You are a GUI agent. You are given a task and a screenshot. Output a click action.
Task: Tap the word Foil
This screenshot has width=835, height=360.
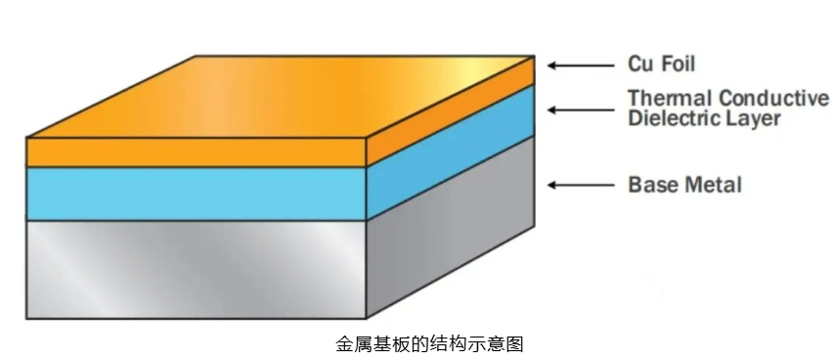(x=679, y=64)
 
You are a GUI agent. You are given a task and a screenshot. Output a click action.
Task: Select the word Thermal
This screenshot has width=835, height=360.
(x=670, y=99)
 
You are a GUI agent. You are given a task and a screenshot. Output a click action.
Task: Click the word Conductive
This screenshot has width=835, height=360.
(x=773, y=99)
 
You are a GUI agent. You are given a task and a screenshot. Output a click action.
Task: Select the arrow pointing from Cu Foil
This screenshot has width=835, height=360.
(x=581, y=66)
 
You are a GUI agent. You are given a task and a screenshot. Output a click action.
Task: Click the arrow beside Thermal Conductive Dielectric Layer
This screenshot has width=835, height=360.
(x=581, y=111)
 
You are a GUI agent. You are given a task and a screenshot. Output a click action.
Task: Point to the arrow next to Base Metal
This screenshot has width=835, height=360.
(x=581, y=185)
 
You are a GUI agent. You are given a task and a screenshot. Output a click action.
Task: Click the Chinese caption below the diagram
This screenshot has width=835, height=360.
(x=429, y=344)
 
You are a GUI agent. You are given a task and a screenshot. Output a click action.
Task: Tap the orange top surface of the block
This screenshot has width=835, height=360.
(x=281, y=97)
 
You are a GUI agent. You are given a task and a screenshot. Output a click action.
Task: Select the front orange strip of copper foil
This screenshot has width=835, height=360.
(x=196, y=153)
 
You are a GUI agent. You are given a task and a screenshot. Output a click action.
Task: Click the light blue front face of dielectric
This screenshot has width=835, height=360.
(x=196, y=194)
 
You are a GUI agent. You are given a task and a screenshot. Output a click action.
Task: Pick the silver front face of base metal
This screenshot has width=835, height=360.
(x=196, y=269)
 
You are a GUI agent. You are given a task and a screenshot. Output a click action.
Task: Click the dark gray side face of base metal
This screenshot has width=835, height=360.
(x=451, y=227)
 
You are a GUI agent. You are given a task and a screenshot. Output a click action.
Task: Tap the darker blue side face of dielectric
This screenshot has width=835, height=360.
(x=451, y=153)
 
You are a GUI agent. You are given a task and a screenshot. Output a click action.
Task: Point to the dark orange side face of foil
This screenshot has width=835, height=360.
(x=451, y=111)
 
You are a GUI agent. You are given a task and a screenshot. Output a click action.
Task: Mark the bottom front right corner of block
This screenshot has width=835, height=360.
(x=367, y=319)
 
